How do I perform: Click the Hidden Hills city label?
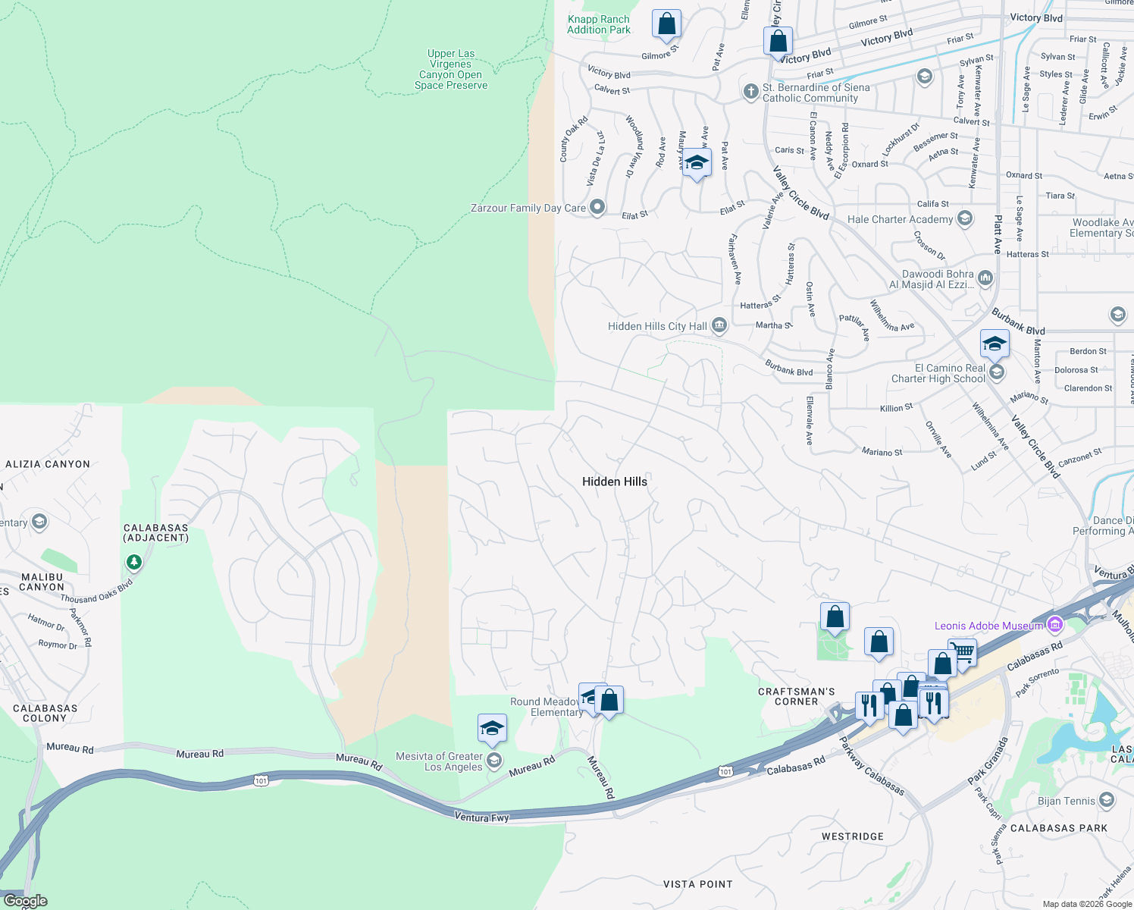[x=615, y=482]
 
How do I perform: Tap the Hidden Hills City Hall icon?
[x=719, y=326]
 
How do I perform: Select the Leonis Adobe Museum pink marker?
[x=1054, y=625]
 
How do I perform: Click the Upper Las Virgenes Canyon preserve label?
[x=451, y=70]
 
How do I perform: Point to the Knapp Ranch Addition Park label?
[x=599, y=25]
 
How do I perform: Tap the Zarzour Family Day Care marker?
[x=597, y=207]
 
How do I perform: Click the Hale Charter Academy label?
[x=900, y=219]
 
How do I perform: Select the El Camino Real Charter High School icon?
[x=998, y=372]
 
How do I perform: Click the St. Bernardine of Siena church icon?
[x=750, y=92]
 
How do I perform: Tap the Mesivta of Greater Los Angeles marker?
[x=494, y=761]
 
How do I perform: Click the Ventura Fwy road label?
[x=481, y=817]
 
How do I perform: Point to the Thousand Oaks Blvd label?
[x=96, y=591]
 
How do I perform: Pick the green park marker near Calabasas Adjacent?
[x=134, y=562]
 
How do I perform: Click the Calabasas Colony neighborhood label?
[x=45, y=713]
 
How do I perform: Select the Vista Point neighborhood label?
[x=697, y=884]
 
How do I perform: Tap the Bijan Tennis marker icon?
[x=1107, y=801]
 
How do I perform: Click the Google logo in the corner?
[x=25, y=901]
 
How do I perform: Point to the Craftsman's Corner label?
[x=796, y=696]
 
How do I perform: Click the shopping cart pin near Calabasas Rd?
[x=962, y=651]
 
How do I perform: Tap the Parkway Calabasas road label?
[x=872, y=766]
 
